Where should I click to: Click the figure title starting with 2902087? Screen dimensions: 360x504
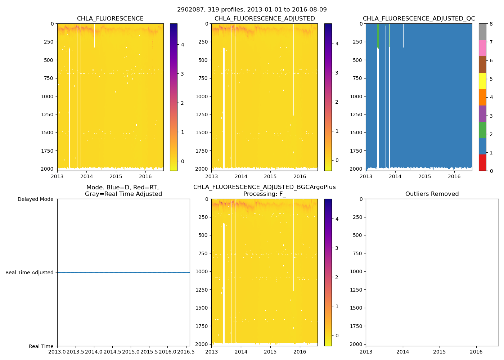coord(252,10)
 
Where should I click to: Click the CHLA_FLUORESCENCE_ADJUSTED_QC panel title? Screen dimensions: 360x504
coord(419,19)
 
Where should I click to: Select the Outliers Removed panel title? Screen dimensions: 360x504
coord(432,194)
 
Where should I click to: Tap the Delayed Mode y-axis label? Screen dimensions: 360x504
coord(35,199)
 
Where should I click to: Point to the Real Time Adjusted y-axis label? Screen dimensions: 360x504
coord(30,273)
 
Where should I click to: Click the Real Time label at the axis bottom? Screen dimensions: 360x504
coord(41,346)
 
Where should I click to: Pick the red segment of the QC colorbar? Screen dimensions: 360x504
coord(482,162)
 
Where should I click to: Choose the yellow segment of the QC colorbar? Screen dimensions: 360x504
coord(482,81)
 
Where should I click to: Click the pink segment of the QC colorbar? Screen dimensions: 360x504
coord(482,48)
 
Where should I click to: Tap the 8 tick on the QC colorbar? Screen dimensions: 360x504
coord(491,24)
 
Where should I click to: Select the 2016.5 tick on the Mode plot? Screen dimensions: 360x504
coord(186,352)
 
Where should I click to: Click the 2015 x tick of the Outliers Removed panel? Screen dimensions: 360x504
coord(440,352)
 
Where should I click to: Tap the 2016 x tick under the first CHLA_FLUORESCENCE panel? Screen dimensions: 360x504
coord(145,176)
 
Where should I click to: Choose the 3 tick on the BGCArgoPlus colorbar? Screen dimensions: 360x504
coord(337,248)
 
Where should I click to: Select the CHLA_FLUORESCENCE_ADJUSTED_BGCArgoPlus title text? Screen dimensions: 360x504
coord(264,187)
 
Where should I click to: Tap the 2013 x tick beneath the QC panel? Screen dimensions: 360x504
coord(366,176)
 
